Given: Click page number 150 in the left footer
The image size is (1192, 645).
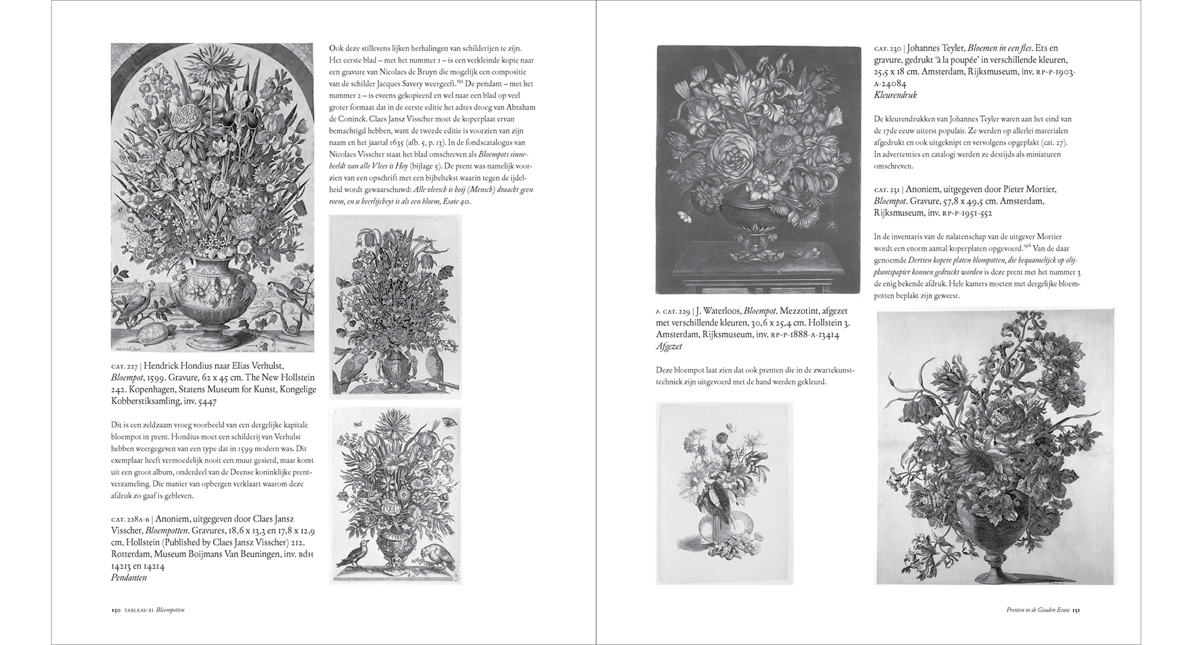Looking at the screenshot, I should click(115, 610).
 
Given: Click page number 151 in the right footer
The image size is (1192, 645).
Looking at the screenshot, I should click(1076, 610).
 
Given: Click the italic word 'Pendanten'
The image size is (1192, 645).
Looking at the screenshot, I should click(129, 578).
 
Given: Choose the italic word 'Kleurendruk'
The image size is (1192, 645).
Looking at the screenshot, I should click(895, 95).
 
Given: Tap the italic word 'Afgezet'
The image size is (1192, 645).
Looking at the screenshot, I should click(669, 347).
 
